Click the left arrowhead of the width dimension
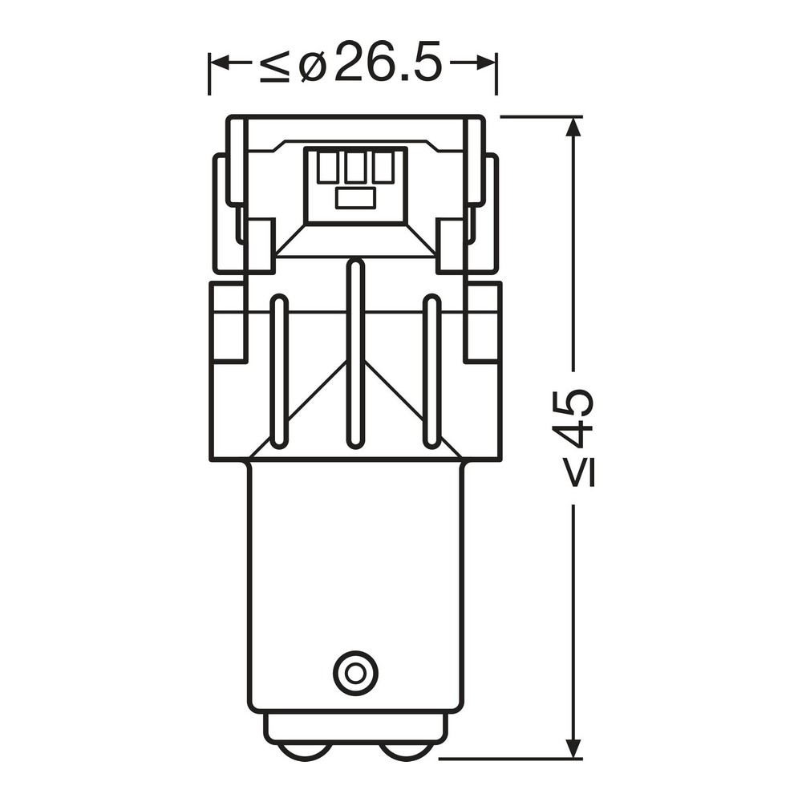220,64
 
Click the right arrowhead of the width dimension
485,64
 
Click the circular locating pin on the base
355,672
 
